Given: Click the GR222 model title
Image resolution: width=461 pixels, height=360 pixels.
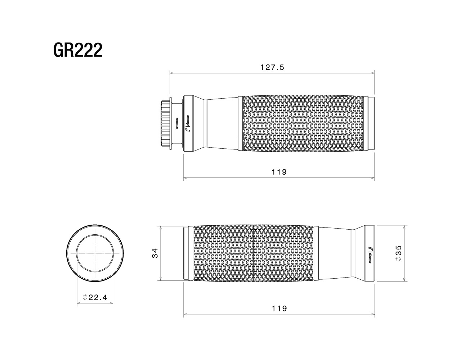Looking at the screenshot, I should (78, 50).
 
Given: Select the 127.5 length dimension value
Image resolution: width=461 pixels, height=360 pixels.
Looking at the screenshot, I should (272, 67).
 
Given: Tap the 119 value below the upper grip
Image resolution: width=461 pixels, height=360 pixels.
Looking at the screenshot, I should (279, 172).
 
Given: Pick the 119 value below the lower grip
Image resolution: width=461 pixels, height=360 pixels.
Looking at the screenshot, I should (279, 309).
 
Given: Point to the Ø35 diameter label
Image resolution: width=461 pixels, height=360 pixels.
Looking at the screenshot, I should (398, 253).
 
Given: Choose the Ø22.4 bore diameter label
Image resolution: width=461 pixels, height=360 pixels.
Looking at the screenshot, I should (95, 298).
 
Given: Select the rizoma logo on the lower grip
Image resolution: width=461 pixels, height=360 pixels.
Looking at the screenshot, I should (370, 254).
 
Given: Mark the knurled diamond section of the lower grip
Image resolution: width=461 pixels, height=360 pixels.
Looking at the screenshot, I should (256, 253).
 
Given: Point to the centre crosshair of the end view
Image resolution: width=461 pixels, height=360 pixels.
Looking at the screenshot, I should (95, 253).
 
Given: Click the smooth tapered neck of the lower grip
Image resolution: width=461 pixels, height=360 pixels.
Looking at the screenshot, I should (337, 253).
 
